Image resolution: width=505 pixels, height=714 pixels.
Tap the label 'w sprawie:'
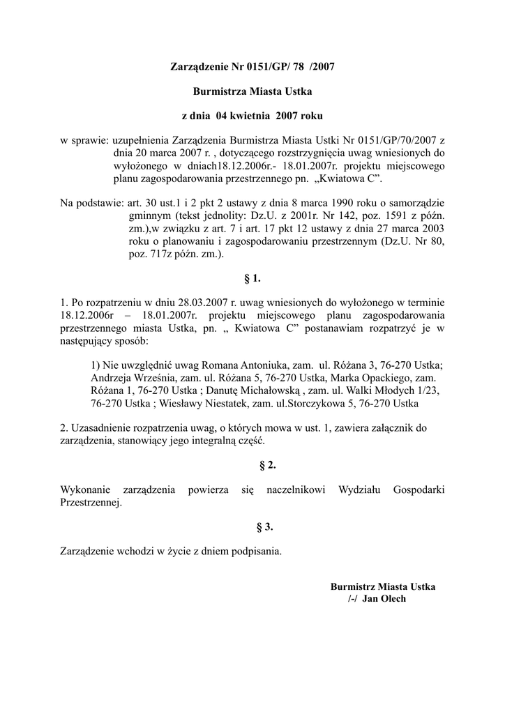point(84,141)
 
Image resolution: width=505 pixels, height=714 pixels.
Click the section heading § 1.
point(252,279)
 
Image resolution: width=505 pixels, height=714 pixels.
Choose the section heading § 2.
point(252,464)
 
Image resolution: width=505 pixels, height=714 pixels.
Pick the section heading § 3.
point(252,526)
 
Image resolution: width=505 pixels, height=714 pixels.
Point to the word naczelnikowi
point(296,489)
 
